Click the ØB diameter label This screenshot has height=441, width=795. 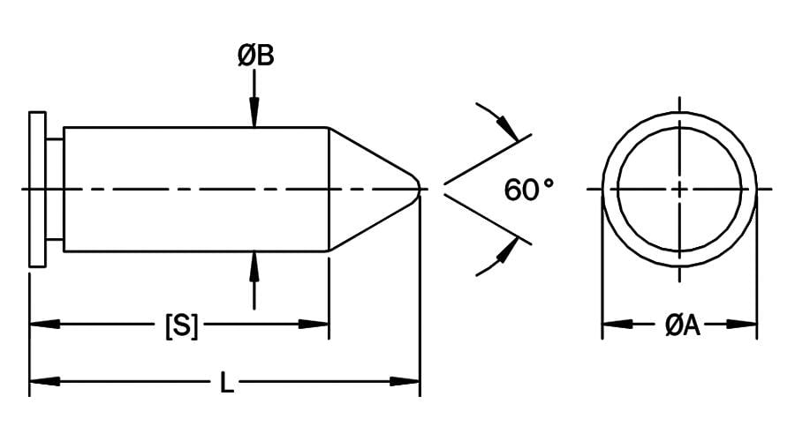pyautogui.click(x=256, y=56)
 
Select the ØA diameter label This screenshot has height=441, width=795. pyautogui.click(x=683, y=325)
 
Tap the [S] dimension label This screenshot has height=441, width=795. pyautogui.click(x=181, y=325)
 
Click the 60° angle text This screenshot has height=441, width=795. pyautogui.click(x=529, y=190)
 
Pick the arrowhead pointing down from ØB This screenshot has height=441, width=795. pyautogui.click(x=254, y=111)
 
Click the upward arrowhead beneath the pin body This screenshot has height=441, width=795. pyautogui.click(x=254, y=266)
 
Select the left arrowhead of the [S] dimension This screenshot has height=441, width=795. pyautogui.click(x=45, y=324)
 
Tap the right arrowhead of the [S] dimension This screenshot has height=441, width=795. pyautogui.click(x=314, y=324)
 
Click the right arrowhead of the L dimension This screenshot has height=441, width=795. pyautogui.click(x=405, y=381)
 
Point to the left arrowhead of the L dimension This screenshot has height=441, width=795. pyautogui.click(x=45, y=381)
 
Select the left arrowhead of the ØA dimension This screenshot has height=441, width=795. pyautogui.click(x=617, y=324)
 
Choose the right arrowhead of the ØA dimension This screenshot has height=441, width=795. pyautogui.click(x=742, y=324)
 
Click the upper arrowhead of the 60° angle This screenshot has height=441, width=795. pyautogui.click(x=508, y=128)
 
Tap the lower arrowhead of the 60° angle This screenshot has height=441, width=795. pyautogui.click(x=508, y=250)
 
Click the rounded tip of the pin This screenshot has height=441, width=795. pyautogui.click(x=418, y=190)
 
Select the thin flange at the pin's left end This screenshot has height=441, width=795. pyautogui.click(x=37, y=190)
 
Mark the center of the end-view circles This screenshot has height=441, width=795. pyautogui.click(x=679, y=190)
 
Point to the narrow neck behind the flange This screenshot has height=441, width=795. pyautogui.click(x=55, y=190)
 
